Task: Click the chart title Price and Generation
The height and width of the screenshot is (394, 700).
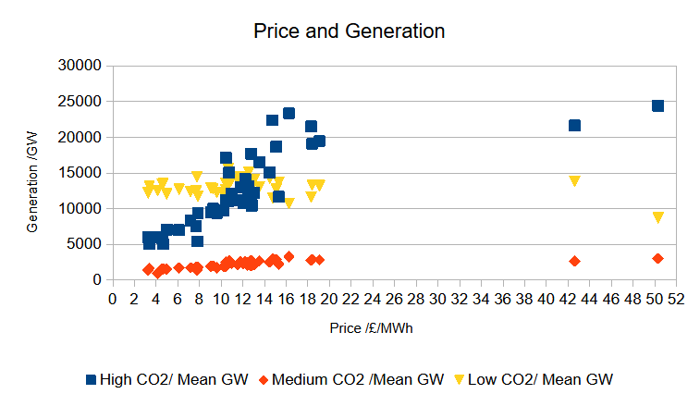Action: pyautogui.click(x=350, y=31)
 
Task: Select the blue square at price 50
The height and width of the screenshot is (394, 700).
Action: pyautogui.click(x=657, y=105)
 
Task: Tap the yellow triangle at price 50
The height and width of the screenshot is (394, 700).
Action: pyautogui.click(x=658, y=217)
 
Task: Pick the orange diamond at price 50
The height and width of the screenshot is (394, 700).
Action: pyautogui.click(x=657, y=259)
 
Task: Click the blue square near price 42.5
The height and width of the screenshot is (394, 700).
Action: pyautogui.click(x=574, y=126)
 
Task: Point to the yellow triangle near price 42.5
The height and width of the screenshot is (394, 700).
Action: pyautogui.click(x=574, y=181)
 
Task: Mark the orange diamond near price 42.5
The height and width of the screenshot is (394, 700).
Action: pyautogui.click(x=574, y=261)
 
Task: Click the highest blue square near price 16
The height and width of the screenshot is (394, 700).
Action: pyautogui.click(x=289, y=114)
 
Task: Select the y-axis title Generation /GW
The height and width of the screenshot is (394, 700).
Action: pyautogui.click(x=31, y=182)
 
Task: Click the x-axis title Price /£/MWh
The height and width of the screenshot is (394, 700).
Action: pyautogui.click(x=371, y=328)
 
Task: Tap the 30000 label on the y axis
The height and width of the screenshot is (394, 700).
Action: pyautogui.click(x=80, y=66)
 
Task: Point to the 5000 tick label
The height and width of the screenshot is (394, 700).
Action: pyautogui.click(x=84, y=244)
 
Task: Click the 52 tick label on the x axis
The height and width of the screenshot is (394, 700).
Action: pyautogui.click(x=676, y=299)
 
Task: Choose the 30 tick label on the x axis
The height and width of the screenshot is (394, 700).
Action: pyautogui.click(x=437, y=299)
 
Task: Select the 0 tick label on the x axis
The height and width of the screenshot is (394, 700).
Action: pyautogui.click(x=113, y=299)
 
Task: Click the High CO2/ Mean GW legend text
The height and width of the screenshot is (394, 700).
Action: pyautogui.click(x=174, y=380)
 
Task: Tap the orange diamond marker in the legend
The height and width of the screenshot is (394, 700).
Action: pyautogui.click(x=264, y=380)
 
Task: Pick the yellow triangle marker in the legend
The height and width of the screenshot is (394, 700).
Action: pyautogui.click(x=459, y=380)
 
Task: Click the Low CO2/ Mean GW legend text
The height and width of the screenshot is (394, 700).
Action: pyautogui.click(x=540, y=380)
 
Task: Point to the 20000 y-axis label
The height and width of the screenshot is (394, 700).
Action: pyautogui.click(x=80, y=137)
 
